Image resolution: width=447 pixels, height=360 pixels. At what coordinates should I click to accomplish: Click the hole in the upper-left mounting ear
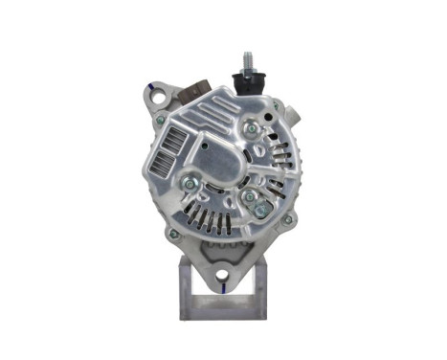[158, 96]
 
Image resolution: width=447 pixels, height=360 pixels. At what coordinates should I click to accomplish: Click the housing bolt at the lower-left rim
[172, 233]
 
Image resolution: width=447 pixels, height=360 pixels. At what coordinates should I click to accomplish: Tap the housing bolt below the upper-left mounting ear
[161, 121]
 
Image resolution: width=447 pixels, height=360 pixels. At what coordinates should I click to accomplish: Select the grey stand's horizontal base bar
[221, 312]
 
